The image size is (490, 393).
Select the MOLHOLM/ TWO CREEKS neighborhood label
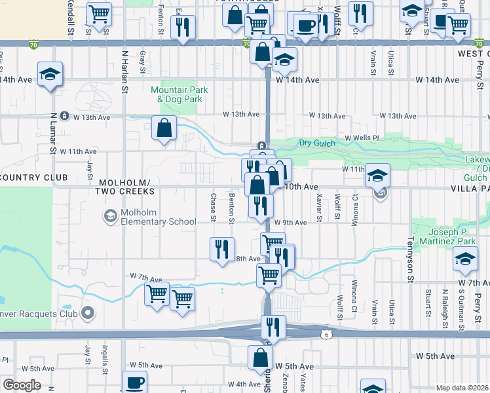point(124,186)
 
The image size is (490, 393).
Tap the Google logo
point(22,385)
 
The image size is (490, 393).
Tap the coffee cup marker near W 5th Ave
point(135,383)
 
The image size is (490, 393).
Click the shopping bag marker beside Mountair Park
point(164,128)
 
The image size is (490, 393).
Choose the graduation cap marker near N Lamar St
point(49,74)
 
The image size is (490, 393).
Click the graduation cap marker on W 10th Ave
point(378,175)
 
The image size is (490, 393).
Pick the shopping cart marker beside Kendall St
point(99,14)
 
